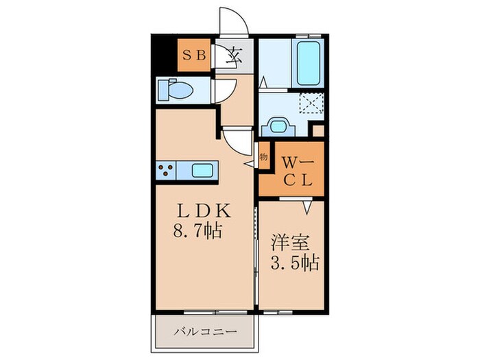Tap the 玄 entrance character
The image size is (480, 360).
point(233,56)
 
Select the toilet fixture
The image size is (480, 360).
point(178,90)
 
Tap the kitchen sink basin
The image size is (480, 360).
point(203,169)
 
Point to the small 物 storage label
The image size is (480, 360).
point(263,156)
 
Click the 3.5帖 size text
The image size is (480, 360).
point(293,263)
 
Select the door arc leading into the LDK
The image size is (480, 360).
point(238,142)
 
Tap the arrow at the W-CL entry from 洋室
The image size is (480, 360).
point(307,204)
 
